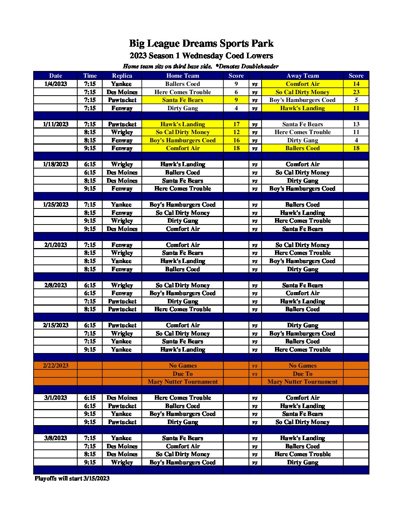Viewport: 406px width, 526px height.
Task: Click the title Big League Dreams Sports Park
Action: [201, 44]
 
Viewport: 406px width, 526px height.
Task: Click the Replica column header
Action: [122, 75]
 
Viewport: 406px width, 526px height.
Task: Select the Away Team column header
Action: [302, 75]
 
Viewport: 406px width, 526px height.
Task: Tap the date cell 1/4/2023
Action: [56, 84]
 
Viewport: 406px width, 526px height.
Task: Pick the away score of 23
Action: [356, 92]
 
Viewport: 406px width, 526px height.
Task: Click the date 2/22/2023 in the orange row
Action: [56, 365]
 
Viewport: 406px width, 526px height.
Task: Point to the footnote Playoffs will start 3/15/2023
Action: [72, 478]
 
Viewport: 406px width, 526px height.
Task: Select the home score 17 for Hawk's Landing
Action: [236, 124]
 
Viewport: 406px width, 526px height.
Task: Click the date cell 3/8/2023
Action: [56, 438]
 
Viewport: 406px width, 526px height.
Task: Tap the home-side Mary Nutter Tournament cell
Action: [182, 381]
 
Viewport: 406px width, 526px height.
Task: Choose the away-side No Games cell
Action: [302, 365]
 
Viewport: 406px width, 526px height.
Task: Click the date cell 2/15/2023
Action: [56, 325]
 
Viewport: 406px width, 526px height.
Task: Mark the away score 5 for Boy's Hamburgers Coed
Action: [356, 100]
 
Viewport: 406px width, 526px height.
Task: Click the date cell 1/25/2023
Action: [56, 204]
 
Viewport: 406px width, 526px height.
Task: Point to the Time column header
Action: [90, 75]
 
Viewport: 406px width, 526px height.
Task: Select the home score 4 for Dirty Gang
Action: [236, 108]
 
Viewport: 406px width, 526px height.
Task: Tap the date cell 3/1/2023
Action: [56, 397]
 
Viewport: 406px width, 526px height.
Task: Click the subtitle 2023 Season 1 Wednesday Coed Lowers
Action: [201, 56]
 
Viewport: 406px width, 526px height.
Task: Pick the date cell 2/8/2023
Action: [56, 285]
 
